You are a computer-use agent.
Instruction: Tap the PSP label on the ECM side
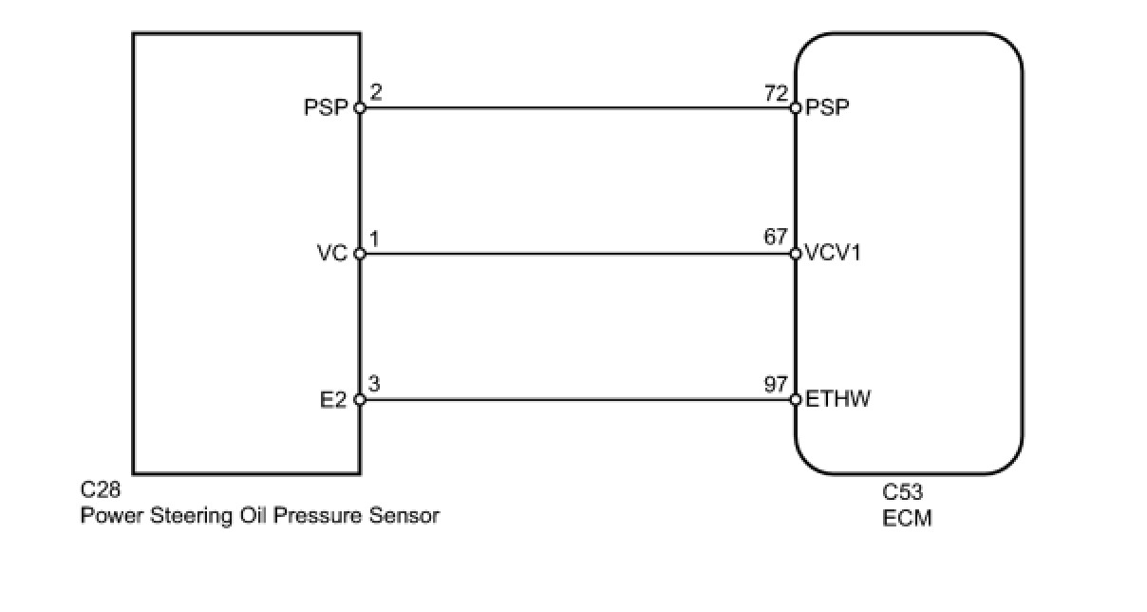point(826,107)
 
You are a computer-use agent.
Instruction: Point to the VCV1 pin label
point(833,254)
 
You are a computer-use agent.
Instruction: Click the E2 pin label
point(335,400)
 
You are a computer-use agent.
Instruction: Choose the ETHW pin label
point(837,399)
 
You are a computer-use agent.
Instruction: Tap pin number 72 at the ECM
point(775,94)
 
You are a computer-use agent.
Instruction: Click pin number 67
point(775,239)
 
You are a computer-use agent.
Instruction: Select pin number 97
point(775,385)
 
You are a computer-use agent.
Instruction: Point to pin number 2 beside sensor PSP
point(376,93)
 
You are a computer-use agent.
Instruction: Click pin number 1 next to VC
point(375,239)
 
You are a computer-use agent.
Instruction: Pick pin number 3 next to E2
point(375,385)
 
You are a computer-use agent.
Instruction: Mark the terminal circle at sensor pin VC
point(360,254)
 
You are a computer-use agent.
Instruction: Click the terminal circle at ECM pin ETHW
point(796,399)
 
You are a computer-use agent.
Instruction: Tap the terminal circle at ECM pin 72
point(796,107)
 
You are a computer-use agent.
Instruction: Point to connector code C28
point(101,491)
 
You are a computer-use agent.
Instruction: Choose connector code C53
point(902,492)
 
